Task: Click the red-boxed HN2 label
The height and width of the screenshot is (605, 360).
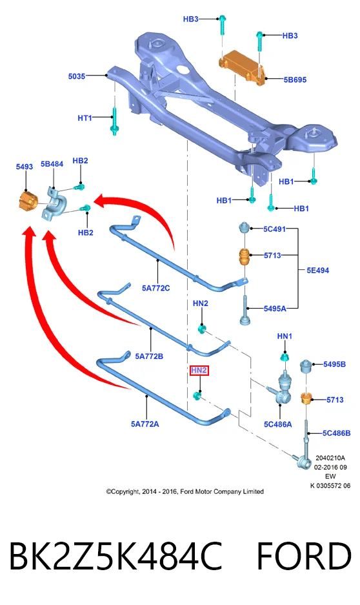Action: [199, 371]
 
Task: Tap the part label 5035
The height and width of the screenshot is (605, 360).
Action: [76, 76]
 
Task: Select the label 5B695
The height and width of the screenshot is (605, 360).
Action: [295, 80]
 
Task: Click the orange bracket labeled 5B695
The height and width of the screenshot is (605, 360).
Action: [243, 67]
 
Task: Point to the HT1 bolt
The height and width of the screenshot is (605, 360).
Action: [114, 121]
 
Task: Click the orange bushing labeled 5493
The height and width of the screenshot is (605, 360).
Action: [28, 200]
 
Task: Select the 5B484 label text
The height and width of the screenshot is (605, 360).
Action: [52, 164]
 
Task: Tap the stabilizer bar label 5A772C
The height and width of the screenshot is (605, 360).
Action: [155, 288]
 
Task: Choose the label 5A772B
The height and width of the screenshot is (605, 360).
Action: [149, 356]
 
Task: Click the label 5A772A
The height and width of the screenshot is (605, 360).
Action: [145, 424]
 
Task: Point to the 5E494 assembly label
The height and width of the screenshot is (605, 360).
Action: [318, 271]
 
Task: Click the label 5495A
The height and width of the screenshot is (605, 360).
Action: [275, 309]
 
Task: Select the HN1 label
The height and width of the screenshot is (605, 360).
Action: [285, 336]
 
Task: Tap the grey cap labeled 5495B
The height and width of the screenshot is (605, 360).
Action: [306, 367]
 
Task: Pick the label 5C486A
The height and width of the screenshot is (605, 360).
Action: [278, 424]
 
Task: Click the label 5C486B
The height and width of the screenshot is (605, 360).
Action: [337, 433]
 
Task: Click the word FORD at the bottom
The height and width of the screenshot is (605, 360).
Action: [304, 556]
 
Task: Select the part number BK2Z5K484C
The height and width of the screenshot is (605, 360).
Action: [115, 556]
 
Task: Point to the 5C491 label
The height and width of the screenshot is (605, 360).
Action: [274, 229]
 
